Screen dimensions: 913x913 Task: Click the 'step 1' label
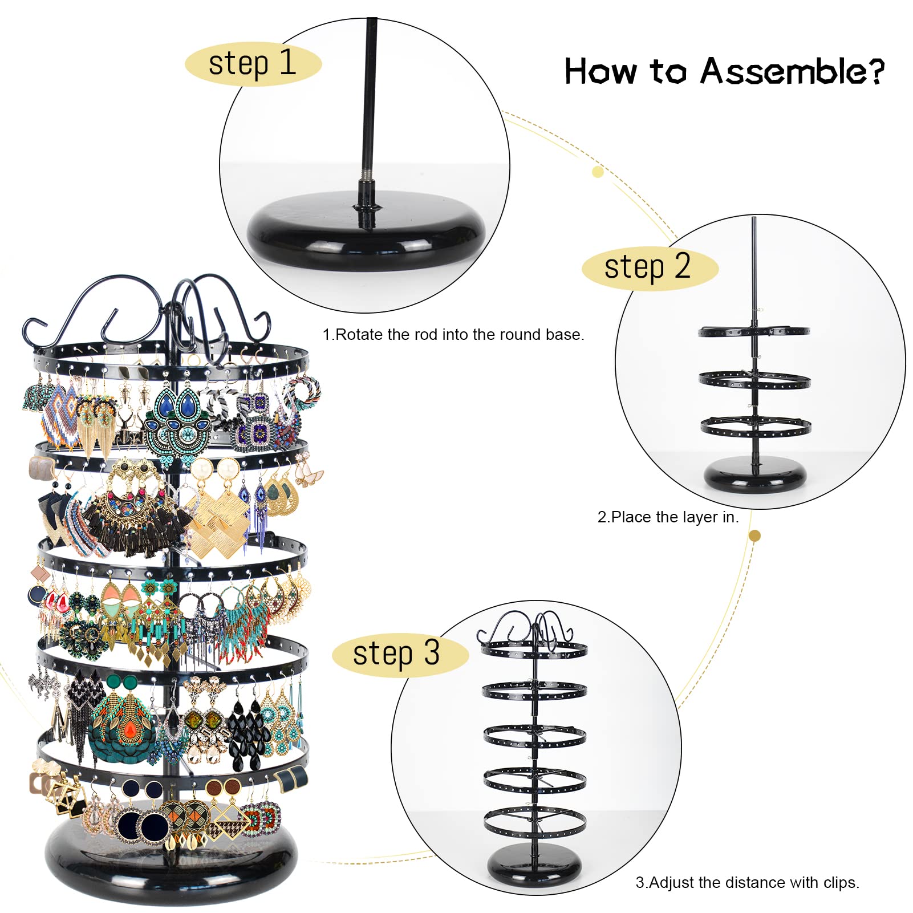(x=253, y=63)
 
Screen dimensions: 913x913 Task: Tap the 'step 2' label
(x=649, y=267)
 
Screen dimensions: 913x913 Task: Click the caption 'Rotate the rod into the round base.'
(x=453, y=335)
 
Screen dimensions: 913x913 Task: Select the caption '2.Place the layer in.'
(x=668, y=517)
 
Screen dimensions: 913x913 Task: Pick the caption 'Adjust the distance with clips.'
(x=747, y=883)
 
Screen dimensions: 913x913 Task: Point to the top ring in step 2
(x=754, y=331)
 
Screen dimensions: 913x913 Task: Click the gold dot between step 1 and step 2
(x=598, y=172)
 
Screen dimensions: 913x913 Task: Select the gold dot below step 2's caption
(x=754, y=535)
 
